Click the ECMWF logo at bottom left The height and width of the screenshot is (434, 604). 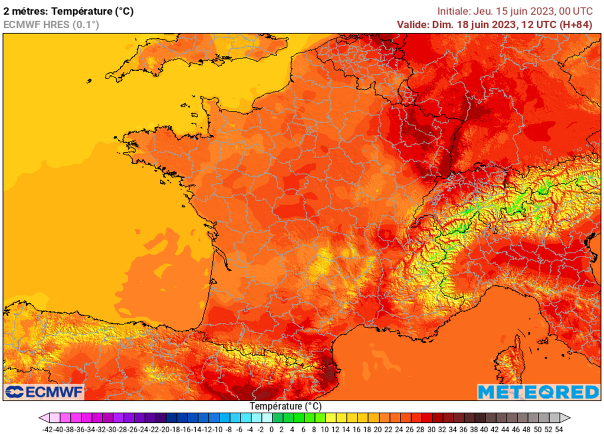[x=45, y=392]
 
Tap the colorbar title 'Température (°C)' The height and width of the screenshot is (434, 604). [x=285, y=406]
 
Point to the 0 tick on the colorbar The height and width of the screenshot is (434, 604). [x=271, y=429]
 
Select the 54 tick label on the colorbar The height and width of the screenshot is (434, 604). [x=559, y=429]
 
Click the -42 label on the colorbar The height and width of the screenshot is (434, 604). [x=49, y=429]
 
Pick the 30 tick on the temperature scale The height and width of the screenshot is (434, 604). [x=431, y=429]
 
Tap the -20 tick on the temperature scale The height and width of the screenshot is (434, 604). [x=166, y=429]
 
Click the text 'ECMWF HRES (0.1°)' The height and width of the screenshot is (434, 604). [x=51, y=24]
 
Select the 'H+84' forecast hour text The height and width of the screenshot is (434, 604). [x=580, y=24]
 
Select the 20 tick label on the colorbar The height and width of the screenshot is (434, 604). [x=378, y=429]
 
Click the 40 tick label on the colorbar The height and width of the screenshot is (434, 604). [x=484, y=429]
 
